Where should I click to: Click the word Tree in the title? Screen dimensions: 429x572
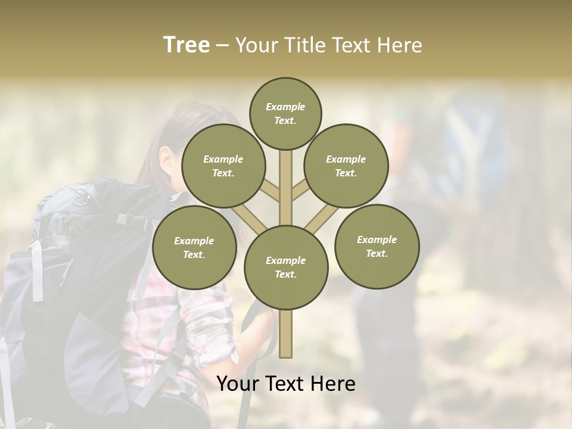186,45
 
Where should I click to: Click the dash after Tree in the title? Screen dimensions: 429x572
222,46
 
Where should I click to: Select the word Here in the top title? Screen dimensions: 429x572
401,45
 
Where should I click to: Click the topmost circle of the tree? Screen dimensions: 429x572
285,113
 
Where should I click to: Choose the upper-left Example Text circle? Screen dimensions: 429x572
223,166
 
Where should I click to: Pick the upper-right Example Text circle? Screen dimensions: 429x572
346,166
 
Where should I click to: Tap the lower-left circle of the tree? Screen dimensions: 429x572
194,247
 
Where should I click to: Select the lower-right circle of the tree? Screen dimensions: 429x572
377,246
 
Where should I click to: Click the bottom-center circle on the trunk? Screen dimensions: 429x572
285,267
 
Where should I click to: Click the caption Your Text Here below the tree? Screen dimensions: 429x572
285,384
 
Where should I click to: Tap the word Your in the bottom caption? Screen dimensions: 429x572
238,384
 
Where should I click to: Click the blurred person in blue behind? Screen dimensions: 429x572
465,149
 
